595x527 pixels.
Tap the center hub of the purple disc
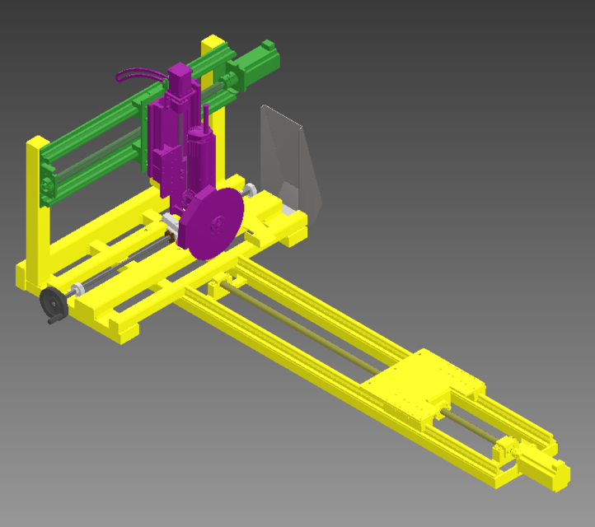pyautogui.click(x=216, y=223)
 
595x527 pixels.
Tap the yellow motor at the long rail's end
pyautogui.click(x=544, y=472)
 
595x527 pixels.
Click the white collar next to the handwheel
pyautogui.click(x=77, y=289)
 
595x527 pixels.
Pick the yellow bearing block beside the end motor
pyautogui.click(x=500, y=451)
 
